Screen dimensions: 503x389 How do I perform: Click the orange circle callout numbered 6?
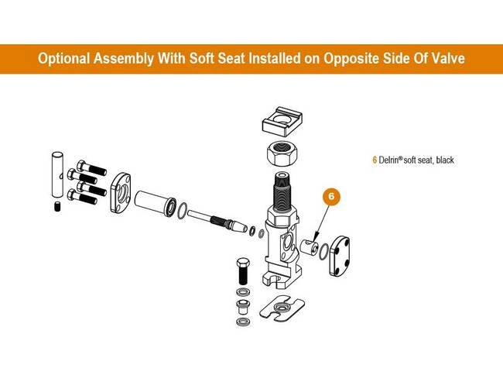332,195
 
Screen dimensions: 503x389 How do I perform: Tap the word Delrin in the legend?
389,160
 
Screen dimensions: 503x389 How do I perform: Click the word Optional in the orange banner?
63,59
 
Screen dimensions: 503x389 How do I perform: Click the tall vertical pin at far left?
57,174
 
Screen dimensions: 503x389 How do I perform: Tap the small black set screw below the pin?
57,206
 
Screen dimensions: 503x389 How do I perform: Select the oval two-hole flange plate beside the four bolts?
121,193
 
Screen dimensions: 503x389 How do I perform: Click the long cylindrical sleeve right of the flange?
155,203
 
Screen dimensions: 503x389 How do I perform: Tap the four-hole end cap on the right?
340,256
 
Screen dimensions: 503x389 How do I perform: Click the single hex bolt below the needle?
244,270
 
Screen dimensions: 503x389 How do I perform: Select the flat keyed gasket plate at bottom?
282,308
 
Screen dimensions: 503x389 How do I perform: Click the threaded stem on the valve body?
282,191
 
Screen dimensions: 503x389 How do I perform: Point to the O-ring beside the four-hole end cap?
323,252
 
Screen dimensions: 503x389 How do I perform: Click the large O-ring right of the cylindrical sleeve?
182,211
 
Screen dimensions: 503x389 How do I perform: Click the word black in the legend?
445,160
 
